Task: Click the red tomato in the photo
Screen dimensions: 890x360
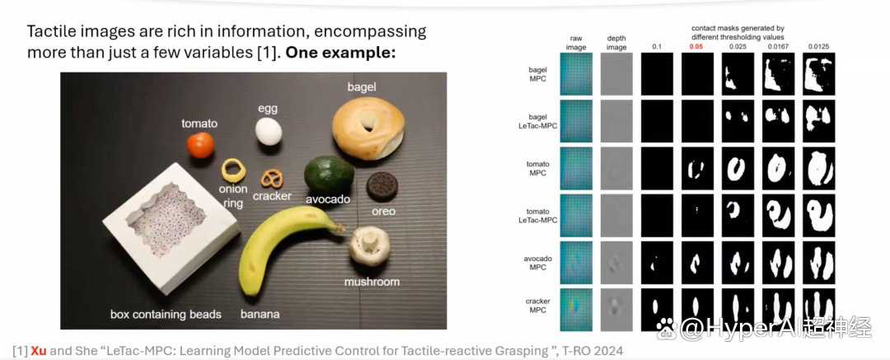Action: (x=200, y=145)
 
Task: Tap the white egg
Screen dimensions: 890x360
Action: (x=268, y=131)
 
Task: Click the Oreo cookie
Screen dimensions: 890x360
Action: (x=380, y=187)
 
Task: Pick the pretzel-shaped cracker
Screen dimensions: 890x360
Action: (x=271, y=180)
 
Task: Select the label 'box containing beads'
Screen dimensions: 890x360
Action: (x=165, y=313)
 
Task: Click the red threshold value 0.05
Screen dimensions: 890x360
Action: (x=696, y=47)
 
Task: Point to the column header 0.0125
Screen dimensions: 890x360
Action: (x=818, y=47)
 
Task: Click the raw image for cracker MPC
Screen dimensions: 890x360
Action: (x=575, y=310)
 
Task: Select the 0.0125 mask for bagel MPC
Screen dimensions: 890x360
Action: (x=818, y=74)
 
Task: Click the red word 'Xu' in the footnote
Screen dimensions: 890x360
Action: (x=38, y=350)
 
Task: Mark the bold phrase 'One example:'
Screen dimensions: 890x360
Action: (x=339, y=54)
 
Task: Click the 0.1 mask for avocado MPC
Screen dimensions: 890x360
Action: (x=657, y=263)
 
